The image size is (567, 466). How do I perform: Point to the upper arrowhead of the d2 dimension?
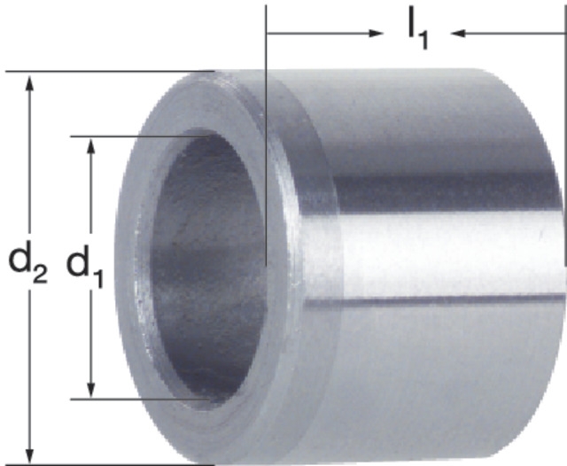tap(29, 82)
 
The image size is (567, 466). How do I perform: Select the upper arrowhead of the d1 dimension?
tap(91, 146)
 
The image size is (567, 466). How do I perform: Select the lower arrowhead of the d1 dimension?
tap(91, 389)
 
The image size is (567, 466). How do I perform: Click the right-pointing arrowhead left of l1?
tap(376, 34)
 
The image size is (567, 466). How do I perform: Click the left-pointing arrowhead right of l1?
tap(458, 34)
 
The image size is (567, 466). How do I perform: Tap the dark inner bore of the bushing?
tap(208, 268)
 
